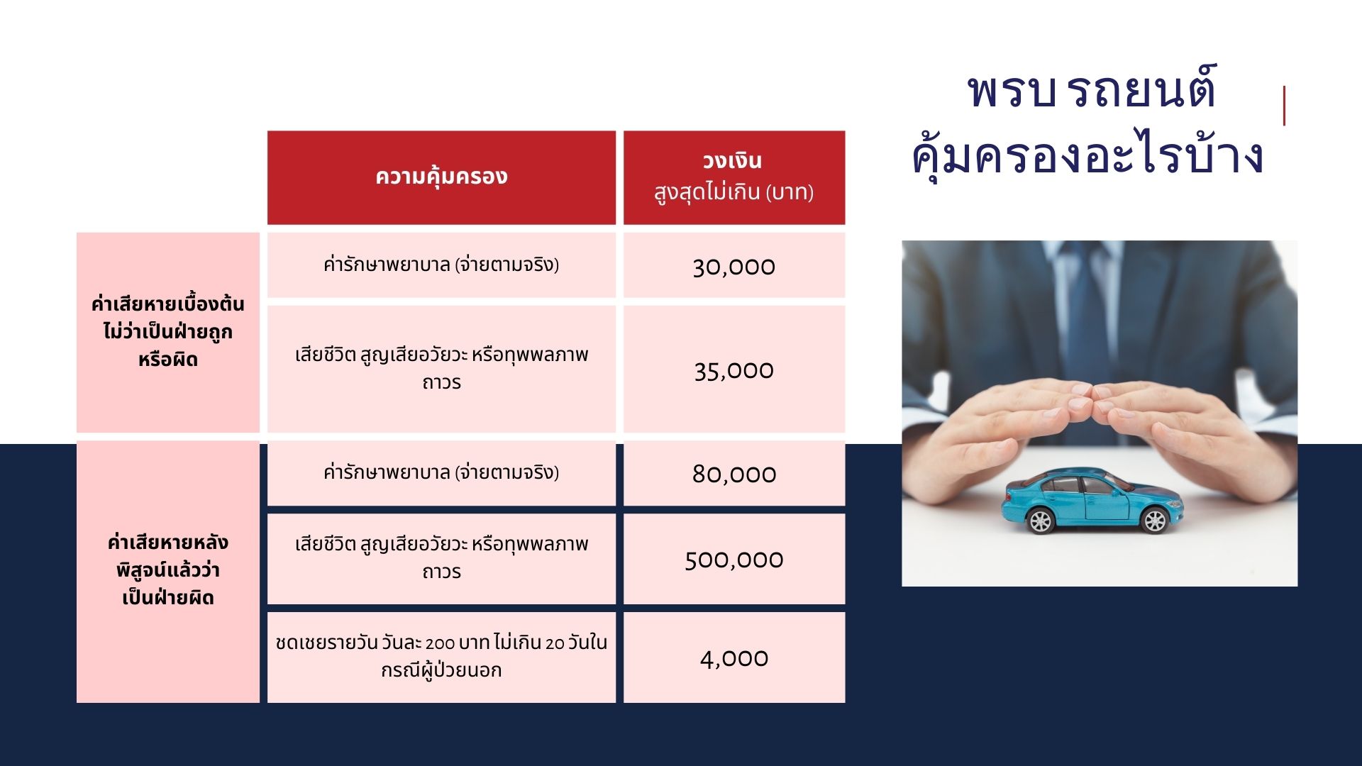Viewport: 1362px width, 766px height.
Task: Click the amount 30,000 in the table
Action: [733, 267]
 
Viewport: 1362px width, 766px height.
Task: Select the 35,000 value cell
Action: [734, 370]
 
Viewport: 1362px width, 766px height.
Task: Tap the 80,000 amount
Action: [734, 474]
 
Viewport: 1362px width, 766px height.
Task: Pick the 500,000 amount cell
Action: [734, 559]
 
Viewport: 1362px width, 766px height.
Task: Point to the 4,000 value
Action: [734, 658]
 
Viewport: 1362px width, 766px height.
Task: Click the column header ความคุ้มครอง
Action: [441, 177]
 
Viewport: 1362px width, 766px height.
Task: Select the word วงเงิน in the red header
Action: [732, 161]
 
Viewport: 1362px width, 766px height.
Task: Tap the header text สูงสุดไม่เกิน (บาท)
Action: [733, 192]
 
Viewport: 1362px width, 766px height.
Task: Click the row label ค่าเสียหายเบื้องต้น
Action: [167, 304]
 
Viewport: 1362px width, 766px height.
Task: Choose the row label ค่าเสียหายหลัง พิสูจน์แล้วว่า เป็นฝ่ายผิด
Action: [168, 570]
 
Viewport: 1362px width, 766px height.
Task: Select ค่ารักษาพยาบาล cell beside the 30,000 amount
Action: [441, 265]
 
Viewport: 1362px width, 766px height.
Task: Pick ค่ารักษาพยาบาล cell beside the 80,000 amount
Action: [441, 473]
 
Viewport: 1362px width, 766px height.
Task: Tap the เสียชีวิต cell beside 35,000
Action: [441, 369]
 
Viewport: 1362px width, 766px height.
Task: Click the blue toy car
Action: [1092, 501]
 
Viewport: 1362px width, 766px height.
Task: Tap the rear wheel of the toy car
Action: [1040, 521]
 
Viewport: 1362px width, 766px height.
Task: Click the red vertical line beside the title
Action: [1284, 106]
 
